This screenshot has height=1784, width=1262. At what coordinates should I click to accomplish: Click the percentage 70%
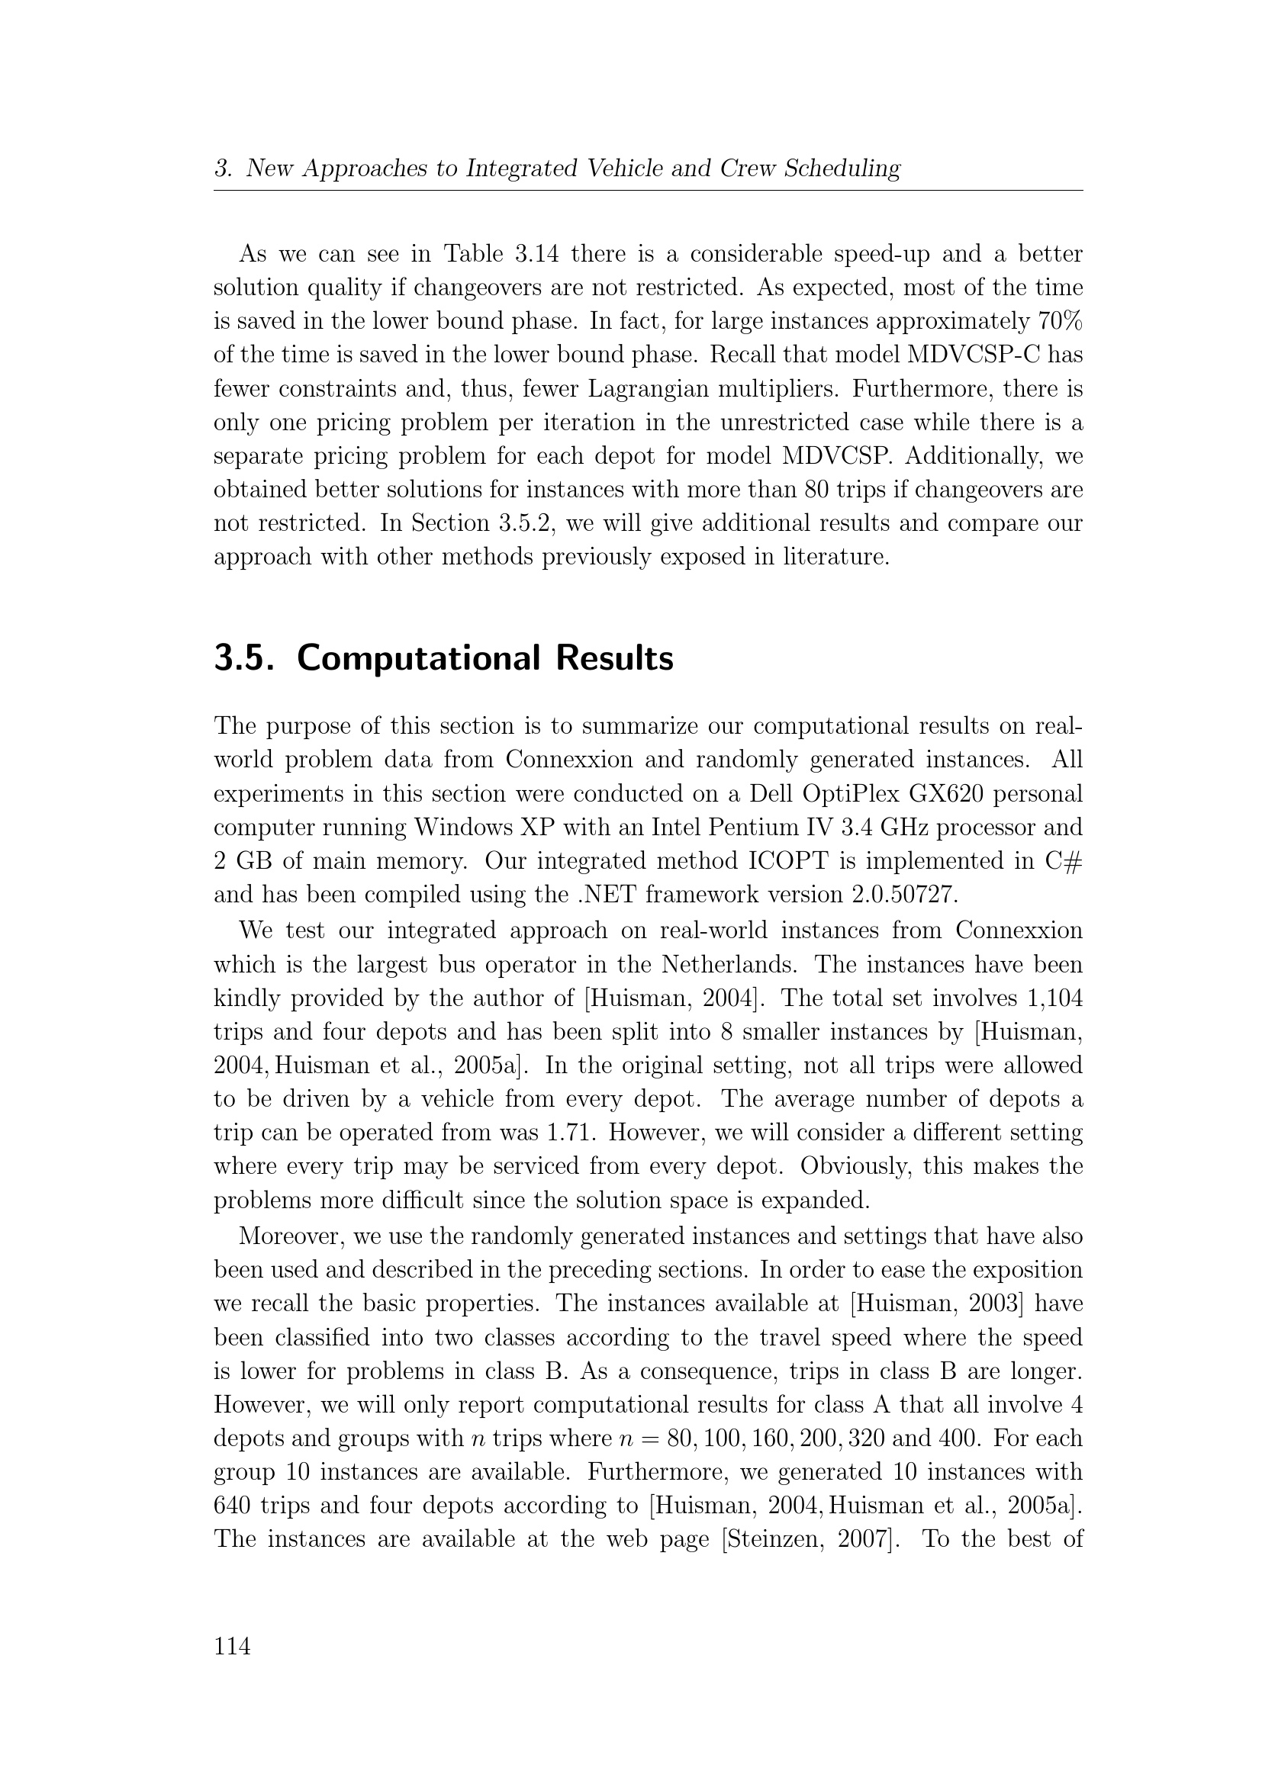coord(1060,321)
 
